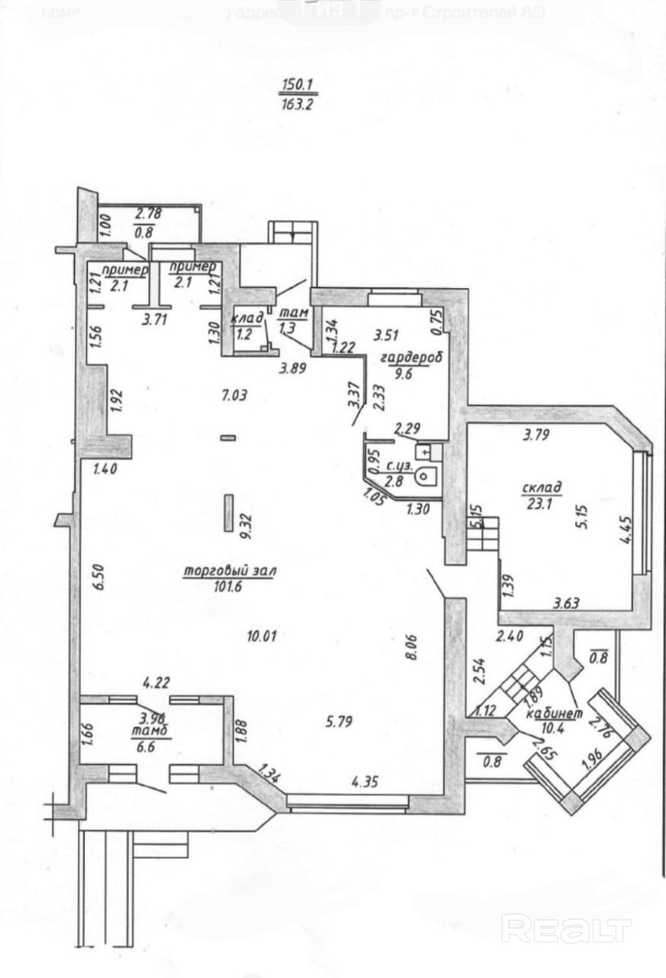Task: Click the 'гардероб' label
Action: [x=399, y=359]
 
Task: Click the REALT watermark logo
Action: [x=566, y=929]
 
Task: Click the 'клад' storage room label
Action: [x=248, y=316]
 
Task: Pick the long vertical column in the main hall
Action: [x=228, y=512]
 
